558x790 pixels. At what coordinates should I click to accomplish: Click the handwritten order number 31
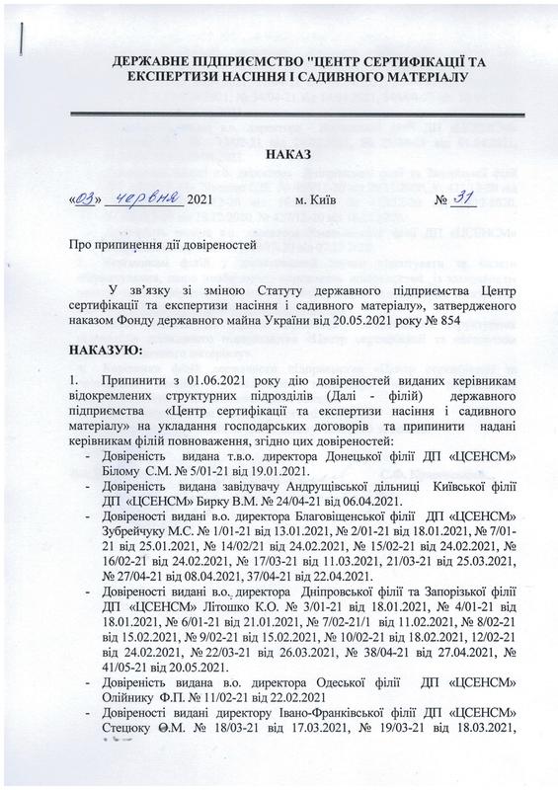pyautogui.click(x=465, y=197)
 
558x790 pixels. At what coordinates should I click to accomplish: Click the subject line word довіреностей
pyautogui.click(x=199, y=243)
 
